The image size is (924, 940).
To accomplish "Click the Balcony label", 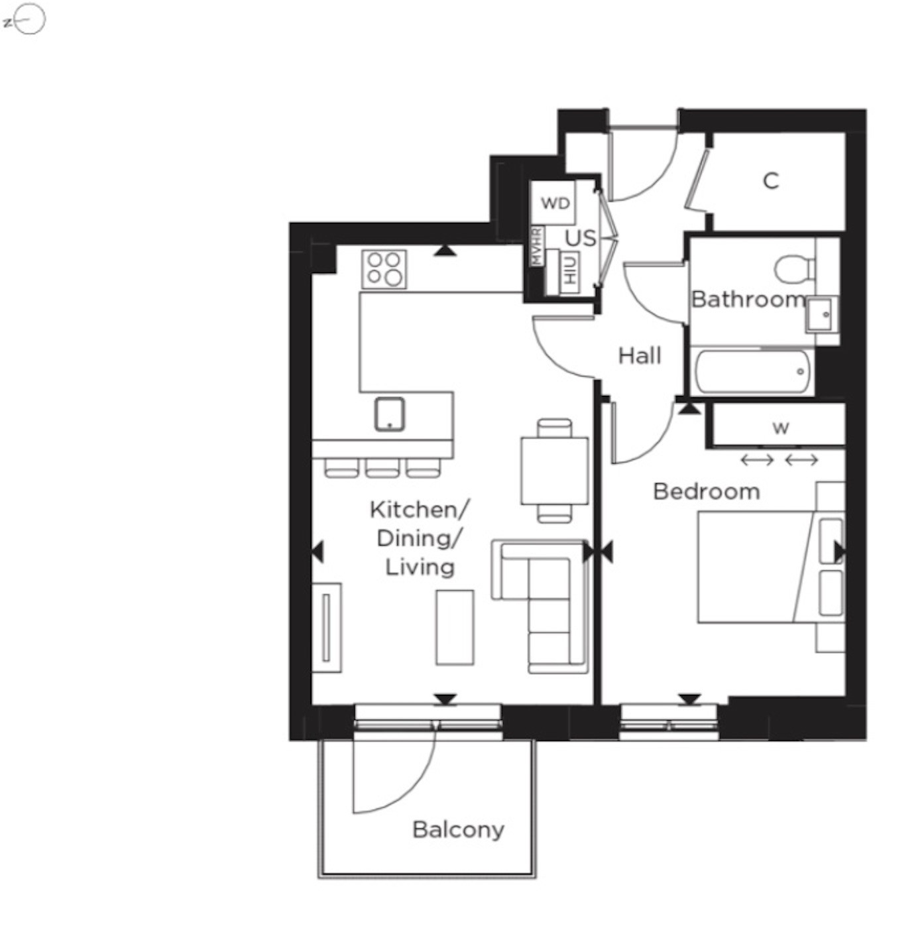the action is coord(458,831).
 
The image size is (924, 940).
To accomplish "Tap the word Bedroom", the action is coord(707,491).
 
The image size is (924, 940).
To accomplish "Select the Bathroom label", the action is coord(748,299).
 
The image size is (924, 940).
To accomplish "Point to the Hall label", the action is coord(640,355).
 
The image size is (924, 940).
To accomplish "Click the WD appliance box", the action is coord(553,202).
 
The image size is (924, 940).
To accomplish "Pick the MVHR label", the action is coord(537,246).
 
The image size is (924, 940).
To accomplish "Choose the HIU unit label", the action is coord(570,272).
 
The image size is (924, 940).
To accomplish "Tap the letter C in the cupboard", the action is coord(770,182).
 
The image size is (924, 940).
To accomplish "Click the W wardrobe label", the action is coord(781,428).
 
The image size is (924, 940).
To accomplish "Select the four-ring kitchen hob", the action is coord(384,268).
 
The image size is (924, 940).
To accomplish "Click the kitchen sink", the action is coord(389,414).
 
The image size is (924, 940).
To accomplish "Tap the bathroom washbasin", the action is coord(822,314).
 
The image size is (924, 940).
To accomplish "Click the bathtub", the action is coord(752,372).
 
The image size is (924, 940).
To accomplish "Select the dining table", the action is coord(555,471).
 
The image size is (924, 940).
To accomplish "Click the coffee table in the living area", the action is coord(455,627).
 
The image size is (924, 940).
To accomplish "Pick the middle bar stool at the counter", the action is coord(382,468).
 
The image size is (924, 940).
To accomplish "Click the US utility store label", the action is coord(581,239).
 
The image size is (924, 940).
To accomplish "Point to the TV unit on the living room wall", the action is coord(326,627).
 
